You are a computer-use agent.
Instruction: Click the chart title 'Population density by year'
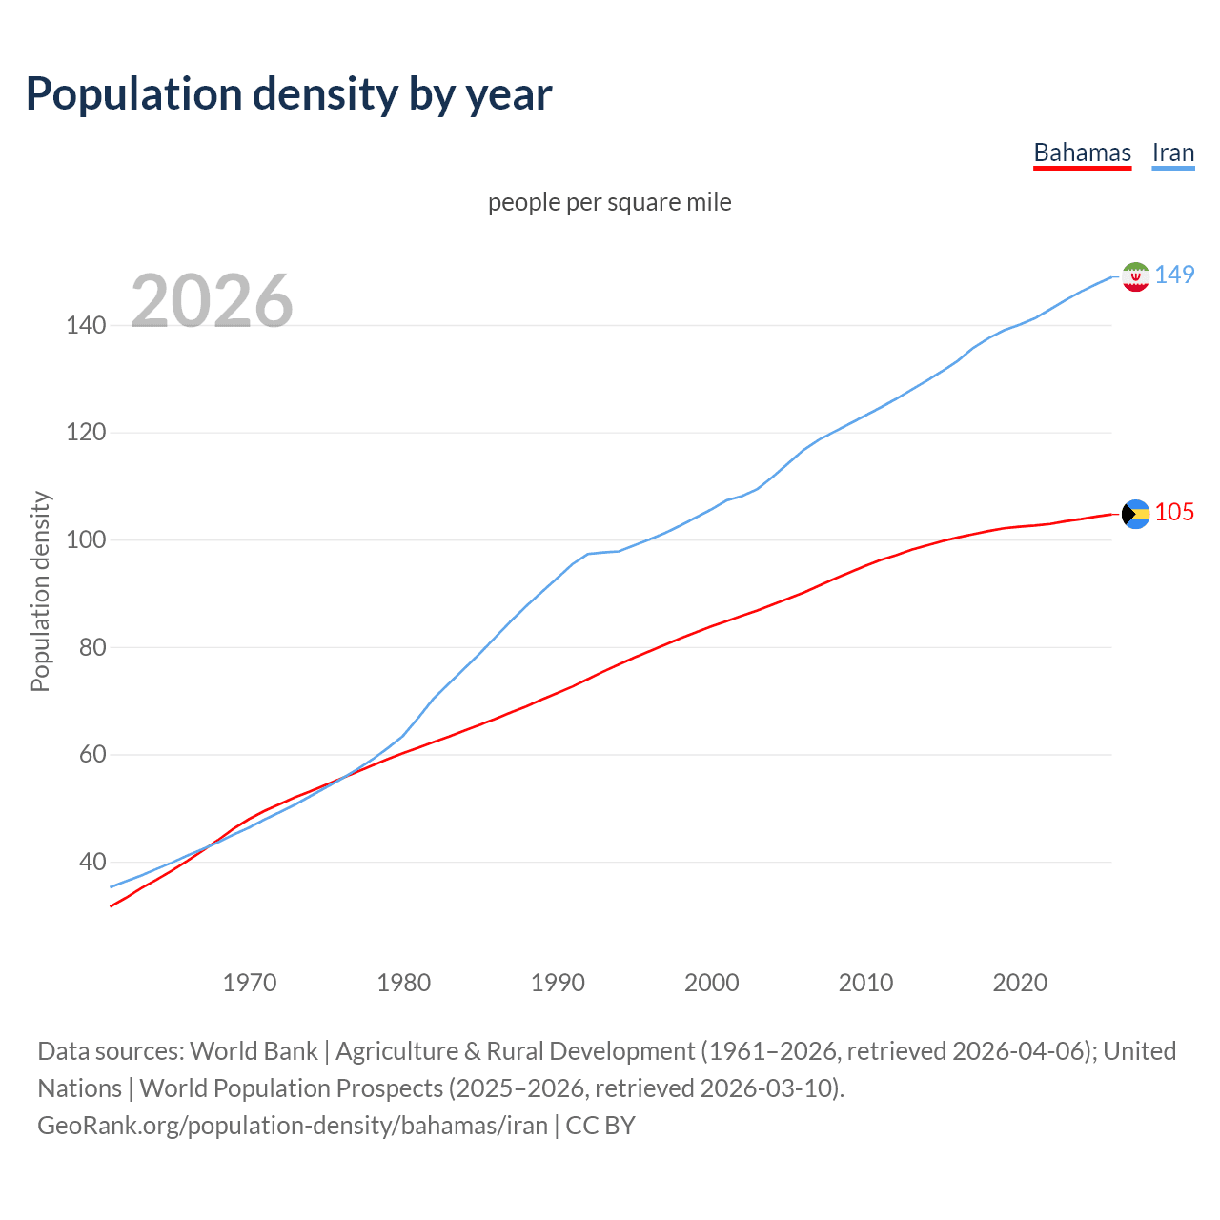[289, 94]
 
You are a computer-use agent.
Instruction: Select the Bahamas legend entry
[1082, 152]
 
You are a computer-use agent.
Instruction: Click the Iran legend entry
[1172, 152]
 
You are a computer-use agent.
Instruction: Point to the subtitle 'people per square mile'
[609, 203]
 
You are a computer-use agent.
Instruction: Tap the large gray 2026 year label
[212, 301]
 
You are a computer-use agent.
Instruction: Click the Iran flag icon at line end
[1135, 276]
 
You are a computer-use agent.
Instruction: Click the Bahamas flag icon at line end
[1135, 514]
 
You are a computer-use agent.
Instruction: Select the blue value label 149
[1174, 274]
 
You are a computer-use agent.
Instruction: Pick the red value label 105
[1174, 513]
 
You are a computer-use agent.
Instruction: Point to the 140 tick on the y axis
[86, 326]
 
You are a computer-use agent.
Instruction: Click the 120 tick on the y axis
[86, 433]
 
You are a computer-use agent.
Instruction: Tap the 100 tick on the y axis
[86, 540]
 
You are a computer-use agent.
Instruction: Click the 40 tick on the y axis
[91, 863]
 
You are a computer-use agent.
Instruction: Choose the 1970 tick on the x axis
[250, 983]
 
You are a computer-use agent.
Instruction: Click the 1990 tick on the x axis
[558, 983]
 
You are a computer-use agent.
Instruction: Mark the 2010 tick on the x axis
[865, 983]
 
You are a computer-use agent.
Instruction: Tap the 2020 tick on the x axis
[1020, 983]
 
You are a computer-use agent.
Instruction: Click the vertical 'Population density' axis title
[40, 591]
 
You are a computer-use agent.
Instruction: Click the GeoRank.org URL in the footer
[293, 1126]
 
